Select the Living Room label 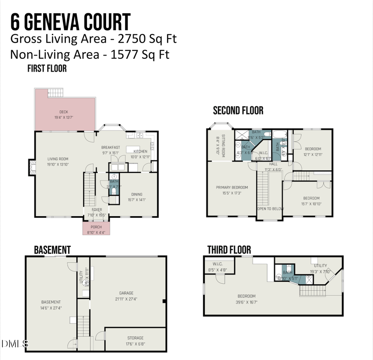58,159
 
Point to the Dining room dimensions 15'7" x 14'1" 136,200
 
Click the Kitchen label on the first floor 140,151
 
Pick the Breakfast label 111,147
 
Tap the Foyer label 97,210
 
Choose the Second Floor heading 238,111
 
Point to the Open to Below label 270,209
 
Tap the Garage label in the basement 126,293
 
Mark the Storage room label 136,338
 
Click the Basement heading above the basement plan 52,250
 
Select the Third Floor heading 229,250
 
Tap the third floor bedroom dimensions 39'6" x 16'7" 246,302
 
